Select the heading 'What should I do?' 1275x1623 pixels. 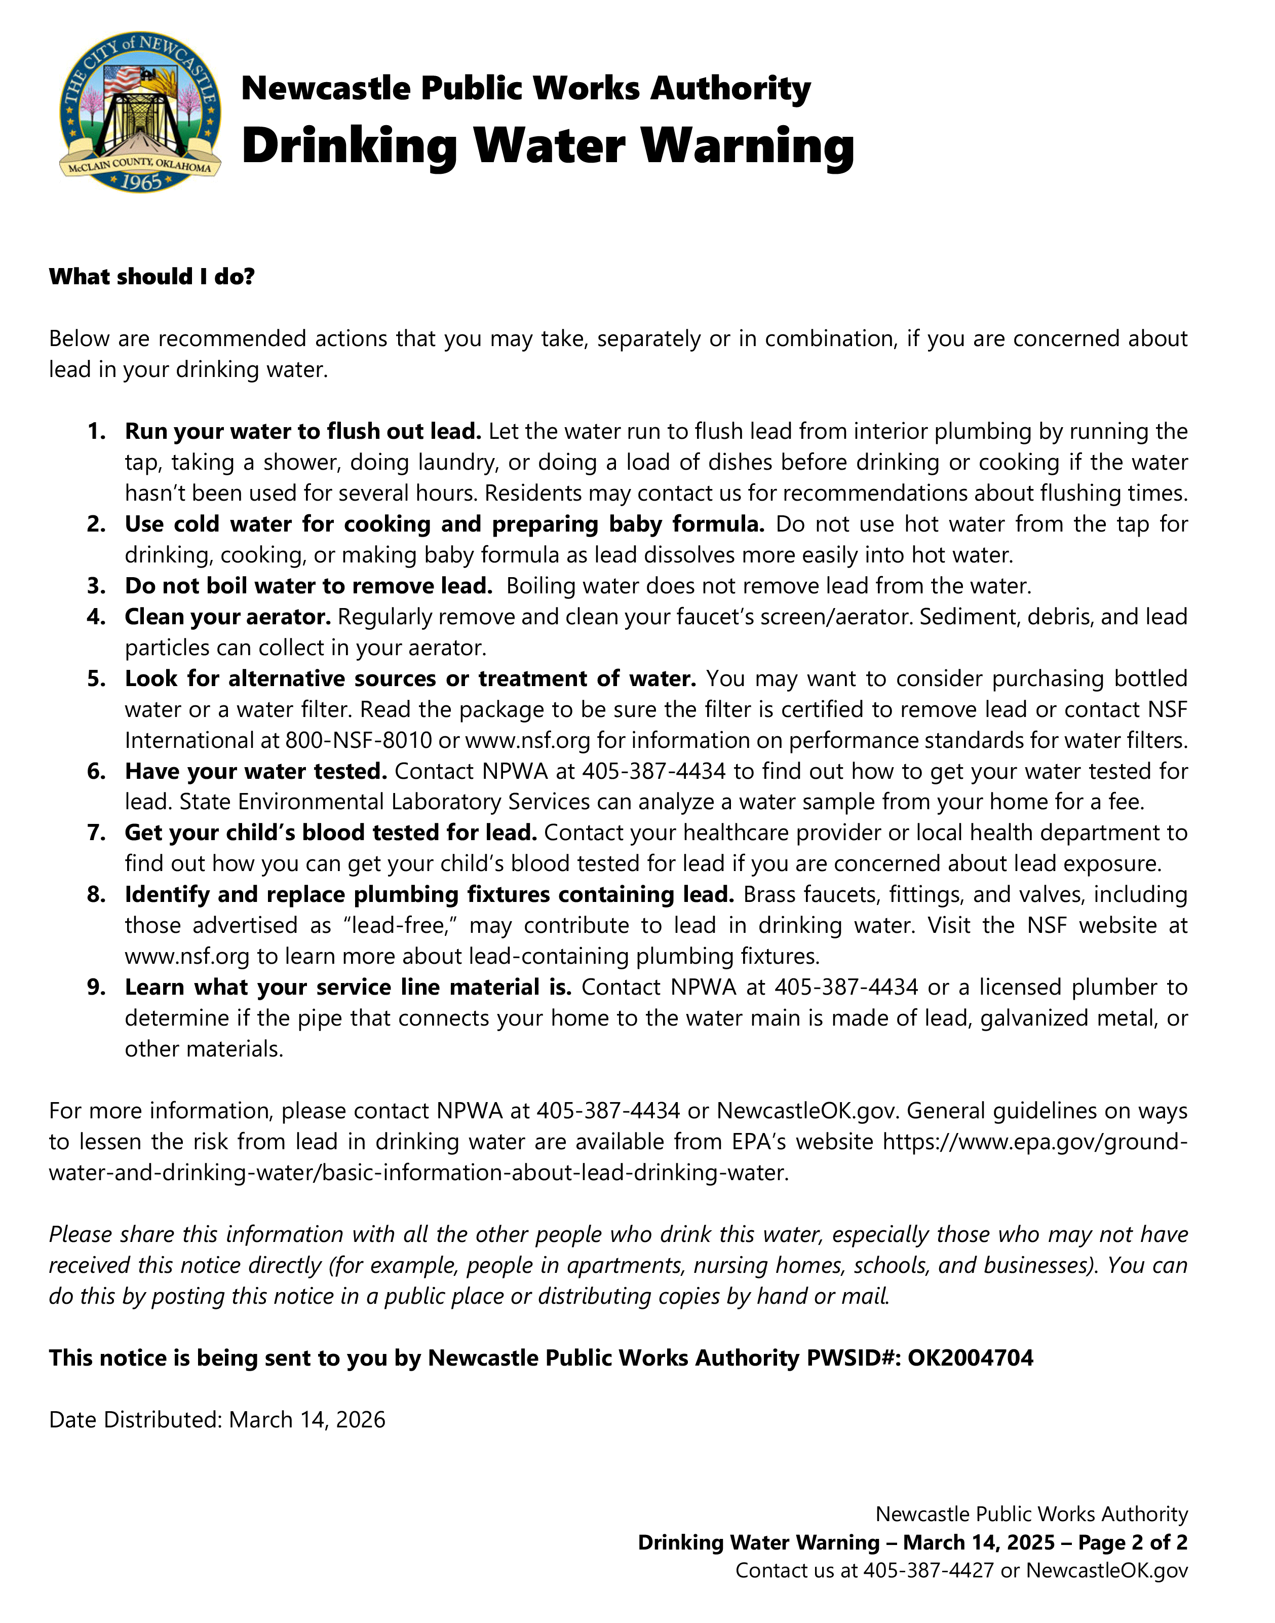tap(151, 277)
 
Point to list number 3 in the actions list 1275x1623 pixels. tap(96, 586)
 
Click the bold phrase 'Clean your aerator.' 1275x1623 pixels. tap(227, 617)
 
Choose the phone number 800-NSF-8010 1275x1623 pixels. tap(358, 741)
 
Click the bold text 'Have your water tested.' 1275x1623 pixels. tap(255, 771)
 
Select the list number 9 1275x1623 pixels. tap(96, 988)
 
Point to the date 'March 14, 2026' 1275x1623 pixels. tap(307, 1420)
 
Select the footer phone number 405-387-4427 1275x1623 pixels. tap(928, 1571)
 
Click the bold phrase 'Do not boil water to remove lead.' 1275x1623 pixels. tap(308, 586)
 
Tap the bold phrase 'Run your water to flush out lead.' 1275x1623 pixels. tap(302, 432)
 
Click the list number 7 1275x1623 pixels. tap(96, 833)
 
